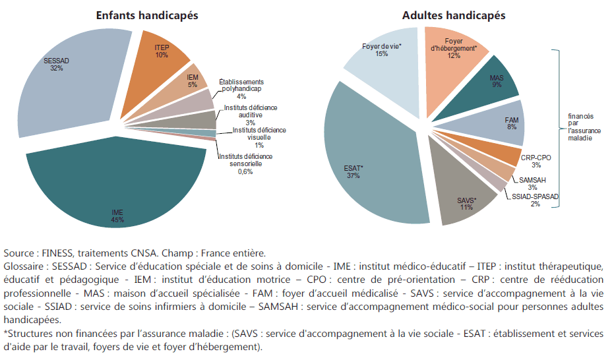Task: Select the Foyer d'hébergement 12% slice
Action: pos(454,50)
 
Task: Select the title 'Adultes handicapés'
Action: pos(454,15)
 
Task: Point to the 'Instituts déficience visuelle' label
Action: pos(259,134)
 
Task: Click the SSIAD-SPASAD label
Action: pos(535,196)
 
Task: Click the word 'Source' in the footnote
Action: pos(18,253)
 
